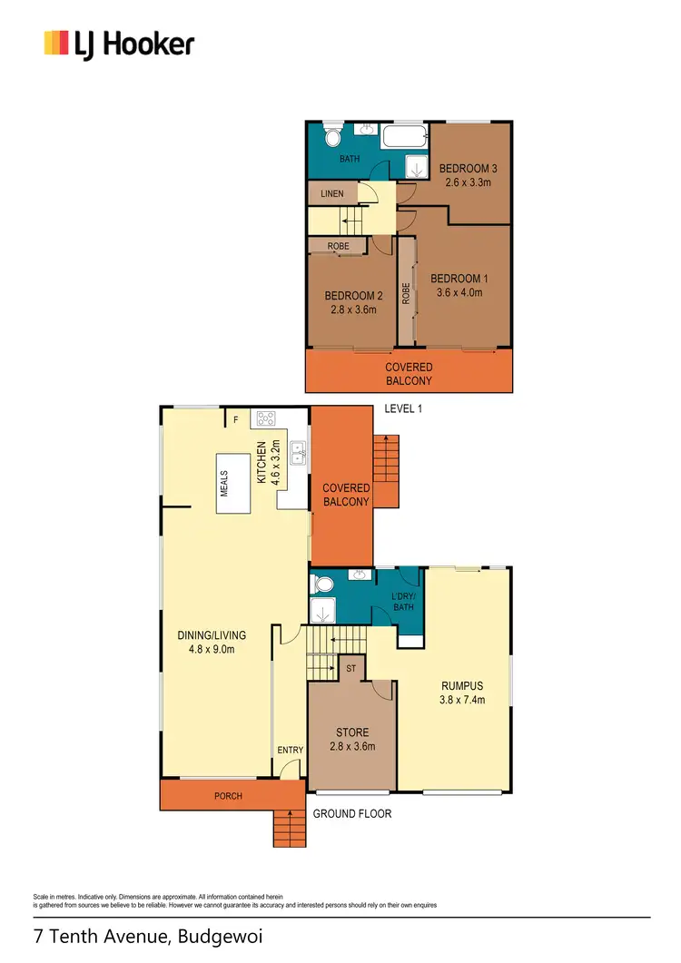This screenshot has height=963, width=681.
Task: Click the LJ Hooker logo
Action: [119, 43]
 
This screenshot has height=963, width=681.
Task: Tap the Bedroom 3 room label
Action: [469, 169]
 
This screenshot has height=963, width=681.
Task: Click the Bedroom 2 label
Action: [352, 296]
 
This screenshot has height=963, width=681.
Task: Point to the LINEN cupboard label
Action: [331, 193]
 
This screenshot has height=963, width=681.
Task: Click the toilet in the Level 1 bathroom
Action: [332, 138]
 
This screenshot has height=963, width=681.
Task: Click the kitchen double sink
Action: [297, 447]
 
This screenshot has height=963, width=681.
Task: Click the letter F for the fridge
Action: [236, 419]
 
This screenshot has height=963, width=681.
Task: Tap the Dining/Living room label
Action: [212, 634]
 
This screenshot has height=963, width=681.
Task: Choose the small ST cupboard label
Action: [350, 668]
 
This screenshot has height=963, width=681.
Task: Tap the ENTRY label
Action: [291, 750]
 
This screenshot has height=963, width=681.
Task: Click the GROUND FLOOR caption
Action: [352, 813]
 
